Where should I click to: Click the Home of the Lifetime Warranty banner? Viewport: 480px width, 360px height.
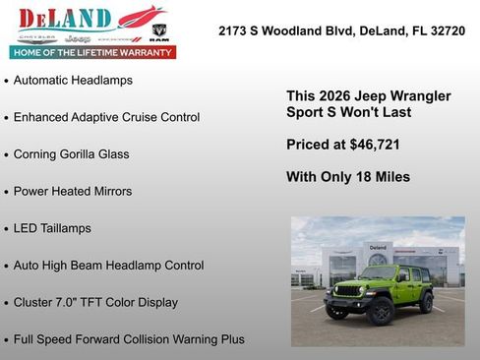[92, 52]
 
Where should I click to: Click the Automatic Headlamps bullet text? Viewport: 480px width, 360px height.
[73, 80]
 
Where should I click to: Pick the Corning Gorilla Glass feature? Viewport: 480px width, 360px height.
[71, 154]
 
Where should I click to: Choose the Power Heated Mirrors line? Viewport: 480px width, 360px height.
[73, 191]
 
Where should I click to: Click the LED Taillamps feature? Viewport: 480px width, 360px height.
[52, 228]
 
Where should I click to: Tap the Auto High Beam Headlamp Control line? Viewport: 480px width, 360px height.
[108, 266]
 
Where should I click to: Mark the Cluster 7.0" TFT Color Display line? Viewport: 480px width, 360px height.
[95, 303]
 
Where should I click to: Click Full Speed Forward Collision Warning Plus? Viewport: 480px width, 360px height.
[129, 339]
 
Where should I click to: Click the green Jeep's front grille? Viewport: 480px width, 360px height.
[348, 291]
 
